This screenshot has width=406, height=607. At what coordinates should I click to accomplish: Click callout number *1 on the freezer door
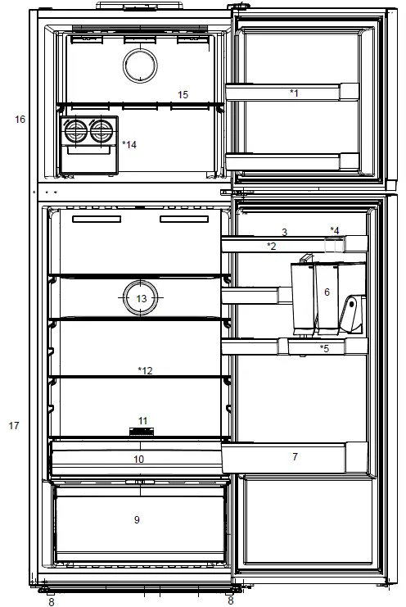[x=294, y=93]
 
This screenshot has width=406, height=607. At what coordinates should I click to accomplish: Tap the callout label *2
[x=271, y=246]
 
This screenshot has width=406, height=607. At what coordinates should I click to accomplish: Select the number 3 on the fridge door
[x=284, y=233]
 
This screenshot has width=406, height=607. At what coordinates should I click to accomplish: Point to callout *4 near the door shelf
[x=334, y=229]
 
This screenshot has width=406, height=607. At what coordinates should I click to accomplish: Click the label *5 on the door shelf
[x=324, y=348]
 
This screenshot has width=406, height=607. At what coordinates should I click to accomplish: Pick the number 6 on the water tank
[x=327, y=292]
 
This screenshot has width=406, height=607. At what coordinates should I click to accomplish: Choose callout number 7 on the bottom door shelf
[x=295, y=456]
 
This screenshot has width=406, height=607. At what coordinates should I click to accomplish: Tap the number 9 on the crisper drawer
[x=137, y=520]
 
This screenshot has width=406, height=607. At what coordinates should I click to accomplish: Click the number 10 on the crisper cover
[x=138, y=460]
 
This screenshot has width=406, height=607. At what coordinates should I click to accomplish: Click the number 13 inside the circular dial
[x=142, y=299]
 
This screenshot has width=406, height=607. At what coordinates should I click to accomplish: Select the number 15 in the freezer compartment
[x=183, y=95]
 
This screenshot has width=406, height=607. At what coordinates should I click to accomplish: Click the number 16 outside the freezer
[x=20, y=120]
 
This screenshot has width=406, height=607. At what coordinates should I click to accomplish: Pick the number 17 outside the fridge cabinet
[x=13, y=426]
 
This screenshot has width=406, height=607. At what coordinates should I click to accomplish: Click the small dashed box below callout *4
[x=332, y=244]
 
